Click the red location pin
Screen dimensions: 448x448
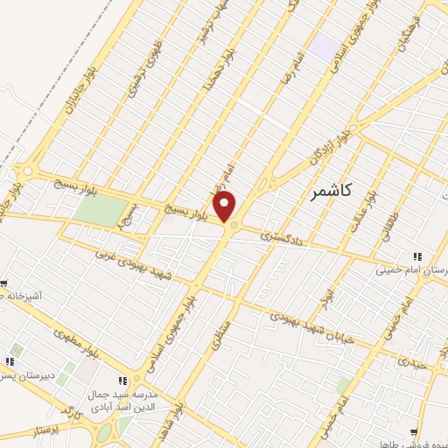pyautogui.click(x=225, y=206)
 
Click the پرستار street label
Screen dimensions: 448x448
pyautogui.click(x=45, y=431)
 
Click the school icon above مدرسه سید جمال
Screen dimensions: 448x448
pyautogui.click(x=122, y=381)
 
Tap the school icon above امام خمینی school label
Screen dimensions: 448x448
pyautogui.click(x=418, y=256)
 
